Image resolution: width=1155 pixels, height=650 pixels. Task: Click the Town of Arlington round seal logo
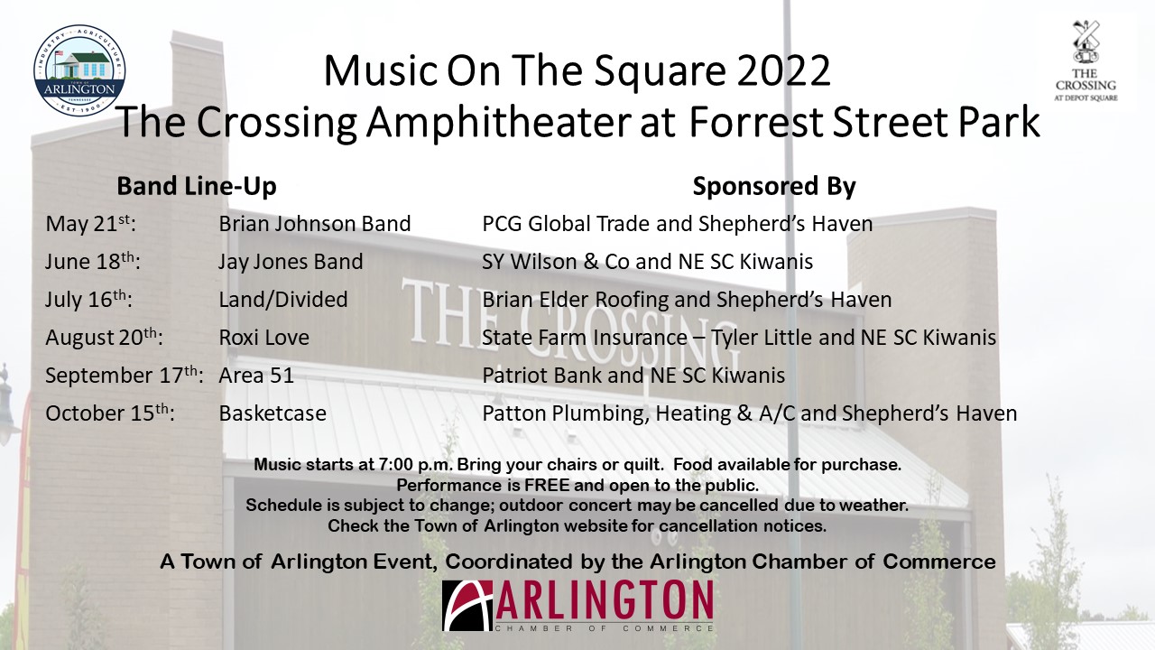[x=79, y=70]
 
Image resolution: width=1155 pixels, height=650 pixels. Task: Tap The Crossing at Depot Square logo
[x=1086, y=60]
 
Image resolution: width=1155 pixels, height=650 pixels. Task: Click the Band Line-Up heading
[x=197, y=186]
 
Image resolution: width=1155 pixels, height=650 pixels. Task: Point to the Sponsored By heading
[x=774, y=186]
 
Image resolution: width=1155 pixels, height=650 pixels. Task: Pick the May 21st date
[x=91, y=224]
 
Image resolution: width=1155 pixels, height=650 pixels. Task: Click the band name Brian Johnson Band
[x=315, y=224]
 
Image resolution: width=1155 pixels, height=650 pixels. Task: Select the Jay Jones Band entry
[x=291, y=262]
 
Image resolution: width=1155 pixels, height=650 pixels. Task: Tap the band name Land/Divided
[x=283, y=300]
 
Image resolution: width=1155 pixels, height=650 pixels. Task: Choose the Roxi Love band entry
[x=263, y=338]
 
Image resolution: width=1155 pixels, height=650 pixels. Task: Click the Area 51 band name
[x=255, y=376]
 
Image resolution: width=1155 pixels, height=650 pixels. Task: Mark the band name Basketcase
[x=273, y=413]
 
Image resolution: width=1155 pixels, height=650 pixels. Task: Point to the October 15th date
[x=110, y=413]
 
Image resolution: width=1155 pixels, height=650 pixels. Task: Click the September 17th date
[x=124, y=375]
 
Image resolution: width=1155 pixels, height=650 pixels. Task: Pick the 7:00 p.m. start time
[x=415, y=465]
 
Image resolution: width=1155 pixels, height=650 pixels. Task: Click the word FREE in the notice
[x=547, y=486]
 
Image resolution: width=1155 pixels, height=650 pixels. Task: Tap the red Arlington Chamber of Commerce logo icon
[x=467, y=606]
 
